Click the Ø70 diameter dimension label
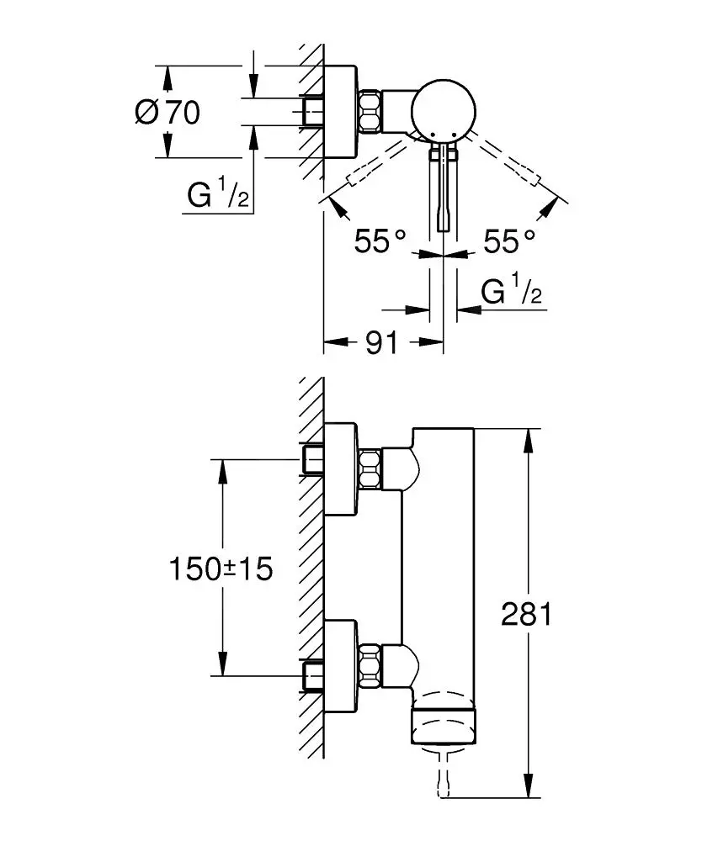pyautogui.click(x=168, y=112)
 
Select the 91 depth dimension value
pyautogui.click(x=381, y=342)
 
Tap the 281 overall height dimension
pyautogui.click(x=526, y=615)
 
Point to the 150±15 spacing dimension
pyautogui.click(x=221, y=569)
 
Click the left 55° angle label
pyautogui.click(x=380, y=242)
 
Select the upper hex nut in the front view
pyautogui.click(x=370, y=469)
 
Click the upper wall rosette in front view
pyautogui.click(x=342, y=469)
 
